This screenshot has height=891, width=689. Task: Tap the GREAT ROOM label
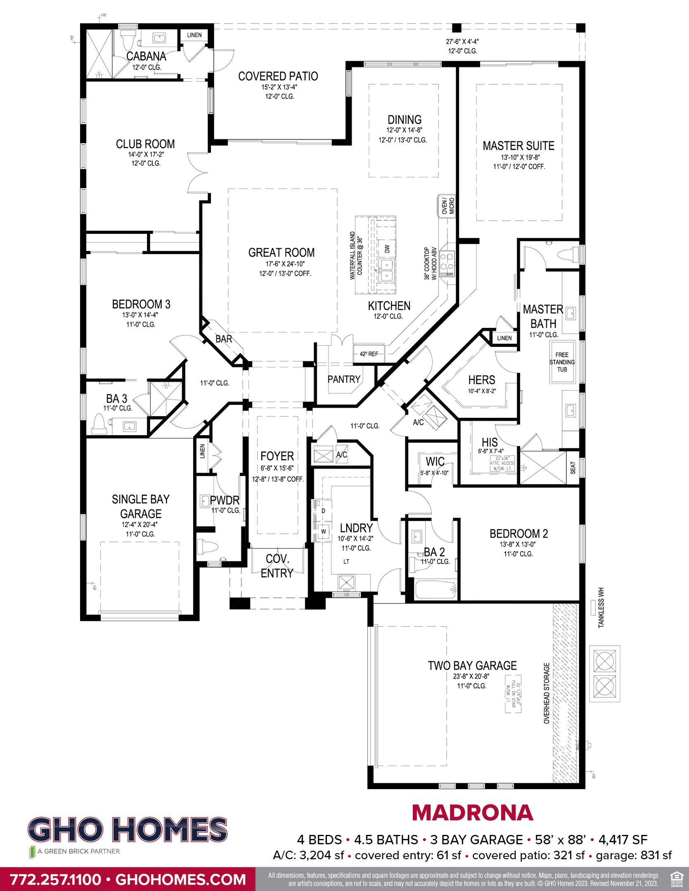point(281,252)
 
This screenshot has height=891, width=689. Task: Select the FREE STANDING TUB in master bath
point(562,362)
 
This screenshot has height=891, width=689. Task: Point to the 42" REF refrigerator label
point(369,354)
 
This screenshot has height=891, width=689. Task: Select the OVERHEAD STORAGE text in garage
point(546,693)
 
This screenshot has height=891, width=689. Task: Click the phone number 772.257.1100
point(54,879)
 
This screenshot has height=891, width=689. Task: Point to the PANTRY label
point(344,379)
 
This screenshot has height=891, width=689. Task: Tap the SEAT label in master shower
point(573,467)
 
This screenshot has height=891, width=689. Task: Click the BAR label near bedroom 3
point(224,339)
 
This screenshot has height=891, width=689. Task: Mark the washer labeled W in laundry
point(324,532)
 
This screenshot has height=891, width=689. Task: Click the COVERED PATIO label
point(278,76)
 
